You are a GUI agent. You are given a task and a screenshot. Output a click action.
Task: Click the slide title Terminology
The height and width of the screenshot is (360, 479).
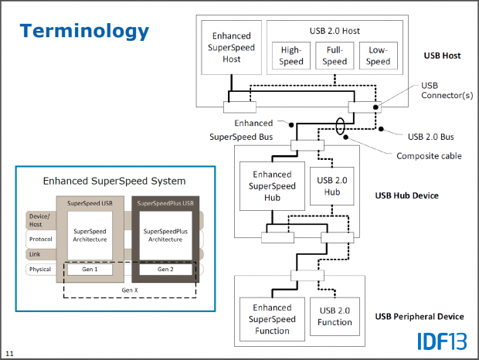84,31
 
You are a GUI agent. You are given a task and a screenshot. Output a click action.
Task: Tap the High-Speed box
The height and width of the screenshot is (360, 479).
292,55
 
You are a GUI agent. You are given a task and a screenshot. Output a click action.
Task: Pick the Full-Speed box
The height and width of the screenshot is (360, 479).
335,55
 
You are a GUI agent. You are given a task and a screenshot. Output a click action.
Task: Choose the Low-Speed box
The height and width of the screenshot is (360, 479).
379,55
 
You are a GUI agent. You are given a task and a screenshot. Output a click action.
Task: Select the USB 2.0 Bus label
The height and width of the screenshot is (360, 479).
430,137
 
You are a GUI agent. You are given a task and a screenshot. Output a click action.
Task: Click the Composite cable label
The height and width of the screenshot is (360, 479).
429,155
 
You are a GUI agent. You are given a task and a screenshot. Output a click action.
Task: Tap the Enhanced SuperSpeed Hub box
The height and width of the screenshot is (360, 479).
271,186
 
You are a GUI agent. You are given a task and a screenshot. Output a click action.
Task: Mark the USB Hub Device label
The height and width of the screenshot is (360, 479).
406,195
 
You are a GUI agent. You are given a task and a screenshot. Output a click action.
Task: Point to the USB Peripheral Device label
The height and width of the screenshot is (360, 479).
419,316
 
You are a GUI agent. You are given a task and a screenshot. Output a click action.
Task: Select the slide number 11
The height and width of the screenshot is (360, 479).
9,353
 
